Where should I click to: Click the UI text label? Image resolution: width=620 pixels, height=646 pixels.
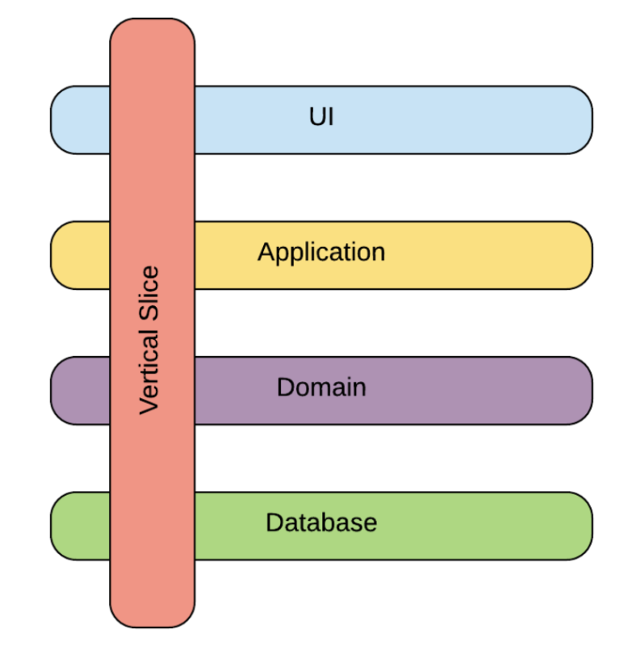point(321,118)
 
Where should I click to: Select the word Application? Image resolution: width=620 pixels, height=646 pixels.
point(321,253)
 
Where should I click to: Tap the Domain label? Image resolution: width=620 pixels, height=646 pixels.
point(321,388)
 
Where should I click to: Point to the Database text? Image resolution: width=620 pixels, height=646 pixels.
point(321,522)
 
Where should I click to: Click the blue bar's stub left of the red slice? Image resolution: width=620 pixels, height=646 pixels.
point(80,120)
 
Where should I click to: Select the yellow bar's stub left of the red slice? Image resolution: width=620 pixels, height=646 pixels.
point(80,255)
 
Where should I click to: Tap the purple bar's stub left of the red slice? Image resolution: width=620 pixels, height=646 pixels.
point(80,390)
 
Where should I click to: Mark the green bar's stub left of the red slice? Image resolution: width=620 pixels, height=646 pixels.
point(80,526)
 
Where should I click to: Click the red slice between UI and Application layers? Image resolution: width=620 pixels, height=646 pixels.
point(152,187)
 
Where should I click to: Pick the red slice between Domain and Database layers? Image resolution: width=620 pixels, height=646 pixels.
point(152,458)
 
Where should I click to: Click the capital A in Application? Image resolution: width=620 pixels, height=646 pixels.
point(266,253)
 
